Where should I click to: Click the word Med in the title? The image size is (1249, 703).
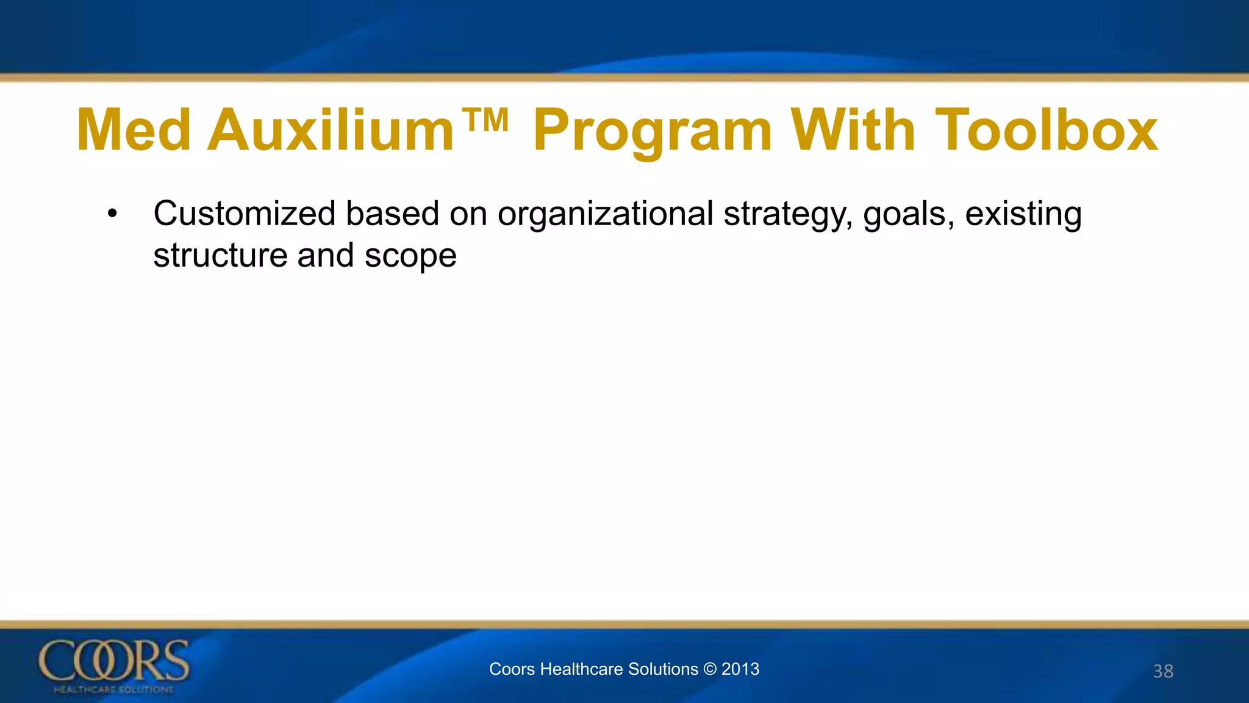pos(134,130)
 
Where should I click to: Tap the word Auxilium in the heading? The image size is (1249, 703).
pos(331,130)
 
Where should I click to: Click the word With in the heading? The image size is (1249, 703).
pos(853,130)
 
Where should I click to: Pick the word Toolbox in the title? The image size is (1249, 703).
pos(1046,130)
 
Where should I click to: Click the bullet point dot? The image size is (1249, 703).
pos(112,214)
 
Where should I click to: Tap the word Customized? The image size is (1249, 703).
pos(245,214)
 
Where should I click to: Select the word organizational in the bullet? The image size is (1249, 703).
pos(605,214)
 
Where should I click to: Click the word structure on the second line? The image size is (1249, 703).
pos(220,256)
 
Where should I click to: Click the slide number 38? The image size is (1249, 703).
pos(1163,671)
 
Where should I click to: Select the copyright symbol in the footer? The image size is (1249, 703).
pos(710,669)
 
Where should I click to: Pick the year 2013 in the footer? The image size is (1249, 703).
pos(740,669)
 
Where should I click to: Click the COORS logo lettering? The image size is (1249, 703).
pos(114,661)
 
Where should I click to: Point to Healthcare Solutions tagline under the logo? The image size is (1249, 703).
pos(114,690)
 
